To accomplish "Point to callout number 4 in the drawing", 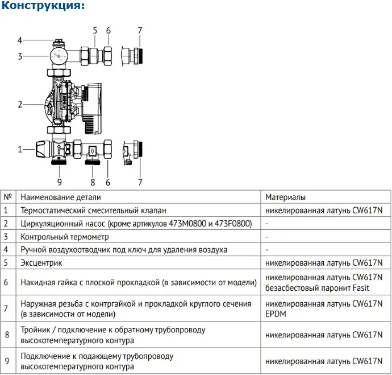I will [19, 40].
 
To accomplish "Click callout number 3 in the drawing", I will [19, 56].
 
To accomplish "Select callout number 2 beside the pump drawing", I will [19, 105].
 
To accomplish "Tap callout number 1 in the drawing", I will [19, 149].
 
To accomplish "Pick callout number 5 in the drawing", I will [95, 30].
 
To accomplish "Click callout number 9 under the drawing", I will [59, 182].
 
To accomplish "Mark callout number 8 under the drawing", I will [93, 182].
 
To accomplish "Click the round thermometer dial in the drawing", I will [58, 56].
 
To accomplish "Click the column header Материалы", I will [285, 197].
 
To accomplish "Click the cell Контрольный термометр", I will [64, 237].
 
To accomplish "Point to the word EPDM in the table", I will [274, 314].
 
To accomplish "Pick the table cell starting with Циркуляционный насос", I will [136, 224].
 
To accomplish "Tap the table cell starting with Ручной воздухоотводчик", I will [123, 250].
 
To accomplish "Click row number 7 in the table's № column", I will [6, 308].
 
